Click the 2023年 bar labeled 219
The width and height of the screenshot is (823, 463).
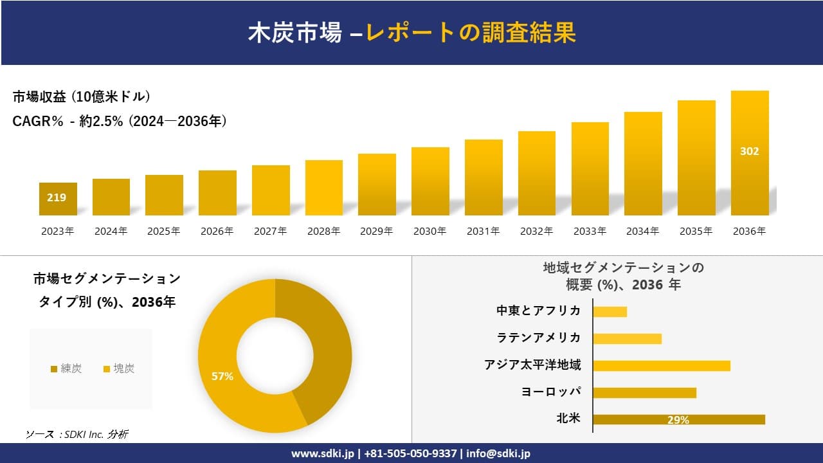click(x=58, y=199)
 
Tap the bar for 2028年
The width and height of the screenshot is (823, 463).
click(x=324, y=188)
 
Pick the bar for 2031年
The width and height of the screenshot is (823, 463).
click(x=484, y=177)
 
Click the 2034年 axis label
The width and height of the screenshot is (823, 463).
click(x=642, y=232)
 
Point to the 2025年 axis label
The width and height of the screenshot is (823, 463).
click(x=164, y=232)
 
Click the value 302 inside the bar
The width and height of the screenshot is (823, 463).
click(x=750, y=151)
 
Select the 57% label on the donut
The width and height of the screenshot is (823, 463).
click(x=222, y=377)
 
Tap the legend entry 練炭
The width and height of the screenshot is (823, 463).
click(x=67, y=368)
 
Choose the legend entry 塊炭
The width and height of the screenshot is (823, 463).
click(x=120, y=368)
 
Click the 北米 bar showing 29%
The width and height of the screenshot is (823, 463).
click(x=678, y=419)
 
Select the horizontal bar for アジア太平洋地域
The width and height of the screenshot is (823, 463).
click(x=662, y=365)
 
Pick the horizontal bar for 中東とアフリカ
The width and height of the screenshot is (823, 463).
click(x=610, y=311)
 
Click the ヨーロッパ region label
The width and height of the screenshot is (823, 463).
click(x=551, y=392)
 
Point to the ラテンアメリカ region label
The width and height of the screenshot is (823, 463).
click(x=538, y=338)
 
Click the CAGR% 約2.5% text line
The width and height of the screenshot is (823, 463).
click(x=120, y=122)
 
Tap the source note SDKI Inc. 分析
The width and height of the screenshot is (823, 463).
click(x=77, y=434)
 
